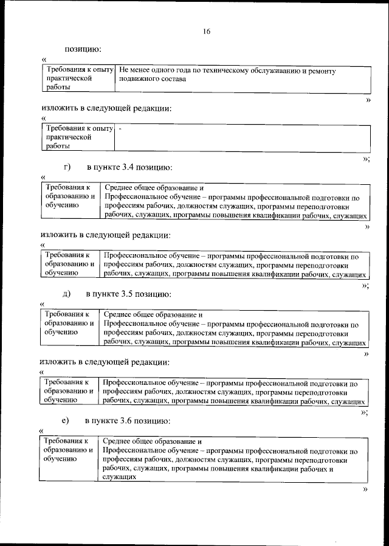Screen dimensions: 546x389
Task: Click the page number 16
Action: [207, 32]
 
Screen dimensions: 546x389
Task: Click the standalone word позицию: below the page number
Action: [83, 48]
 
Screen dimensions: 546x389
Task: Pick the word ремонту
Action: [321, 71]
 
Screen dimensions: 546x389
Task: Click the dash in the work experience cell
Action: [120, 130]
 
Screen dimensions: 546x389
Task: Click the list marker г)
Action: [67, 167]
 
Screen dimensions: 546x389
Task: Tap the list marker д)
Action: [67, 294]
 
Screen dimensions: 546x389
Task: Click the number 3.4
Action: [127, 167]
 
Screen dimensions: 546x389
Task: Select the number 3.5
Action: [126, 294]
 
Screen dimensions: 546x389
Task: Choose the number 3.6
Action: [126, 420]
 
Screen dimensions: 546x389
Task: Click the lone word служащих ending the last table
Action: [119, 478]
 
